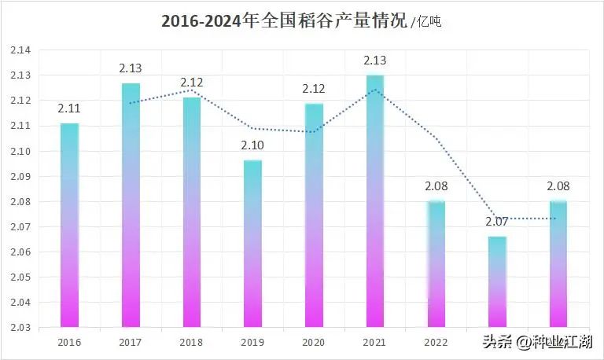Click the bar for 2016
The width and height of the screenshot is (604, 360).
(69, 225)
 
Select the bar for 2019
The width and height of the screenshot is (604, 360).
(253, 244)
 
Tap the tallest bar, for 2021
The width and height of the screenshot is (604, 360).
(375, 201)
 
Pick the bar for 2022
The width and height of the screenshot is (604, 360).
(436, 264)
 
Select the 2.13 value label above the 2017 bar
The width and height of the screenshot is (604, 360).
(131, 69)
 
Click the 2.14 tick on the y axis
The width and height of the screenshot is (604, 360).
(20, 50)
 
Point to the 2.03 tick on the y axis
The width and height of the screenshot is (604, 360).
(20, 327)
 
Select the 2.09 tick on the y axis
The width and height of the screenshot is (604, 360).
(20, 176)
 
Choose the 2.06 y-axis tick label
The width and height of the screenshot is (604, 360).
(20, 252)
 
